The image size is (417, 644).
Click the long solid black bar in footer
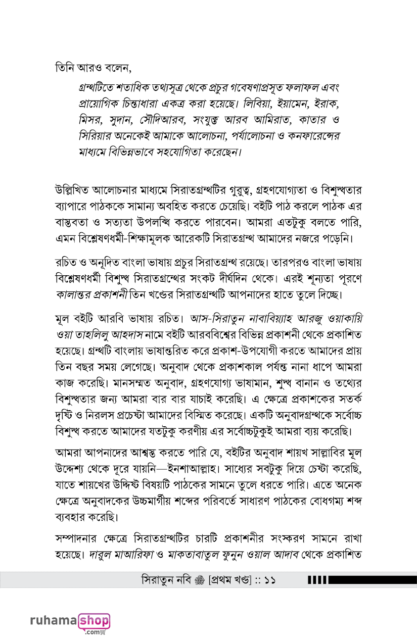point(374,579)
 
